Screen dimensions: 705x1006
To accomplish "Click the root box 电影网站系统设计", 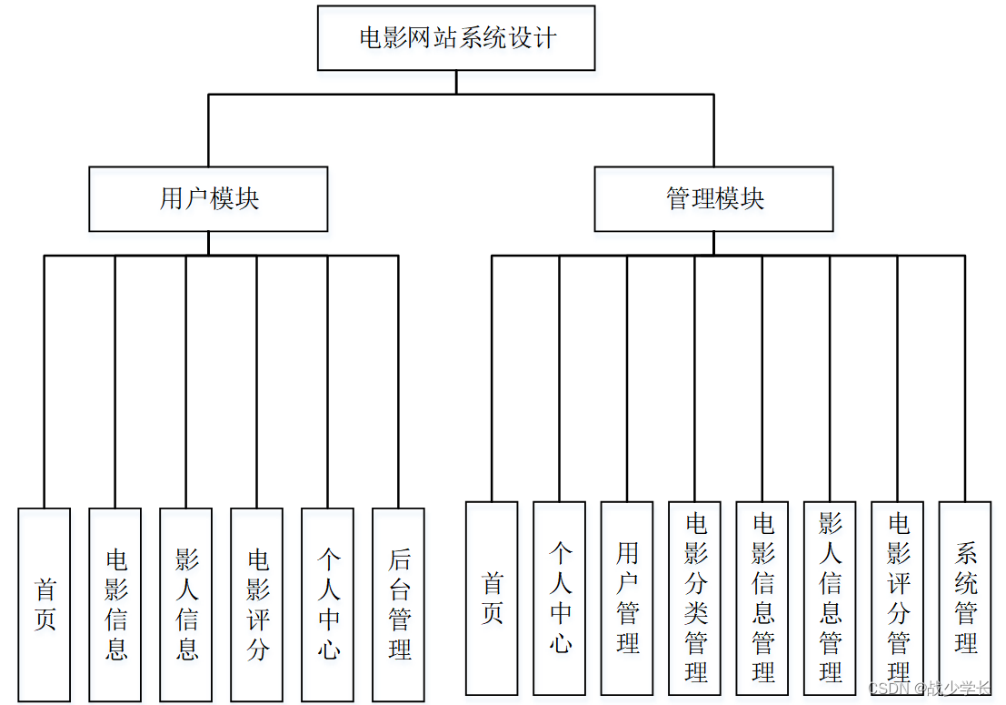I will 456,38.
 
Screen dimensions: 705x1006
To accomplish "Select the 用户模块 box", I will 208,198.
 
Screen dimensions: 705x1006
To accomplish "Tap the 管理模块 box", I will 713,198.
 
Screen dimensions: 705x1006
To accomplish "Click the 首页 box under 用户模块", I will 45,604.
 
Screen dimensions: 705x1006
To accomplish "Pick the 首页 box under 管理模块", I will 492,598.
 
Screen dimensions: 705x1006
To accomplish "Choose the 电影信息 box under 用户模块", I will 115,604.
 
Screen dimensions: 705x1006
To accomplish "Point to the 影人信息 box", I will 186,604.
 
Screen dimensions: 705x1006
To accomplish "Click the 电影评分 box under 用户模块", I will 257,604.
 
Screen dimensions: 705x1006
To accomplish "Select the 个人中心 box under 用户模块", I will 328,604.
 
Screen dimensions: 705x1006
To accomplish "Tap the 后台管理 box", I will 399,604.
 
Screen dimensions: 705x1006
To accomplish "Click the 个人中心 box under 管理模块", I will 560,598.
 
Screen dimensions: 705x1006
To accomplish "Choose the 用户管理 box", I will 627,598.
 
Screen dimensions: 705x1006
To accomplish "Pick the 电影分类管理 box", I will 695,598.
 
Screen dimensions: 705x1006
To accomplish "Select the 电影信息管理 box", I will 762,598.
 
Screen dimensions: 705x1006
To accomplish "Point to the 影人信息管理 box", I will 830,598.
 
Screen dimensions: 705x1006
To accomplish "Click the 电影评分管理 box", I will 898,598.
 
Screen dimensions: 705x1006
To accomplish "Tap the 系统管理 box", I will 965,598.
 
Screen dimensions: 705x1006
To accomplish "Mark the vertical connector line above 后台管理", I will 398,382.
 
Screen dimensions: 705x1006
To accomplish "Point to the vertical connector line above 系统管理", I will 965,378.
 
